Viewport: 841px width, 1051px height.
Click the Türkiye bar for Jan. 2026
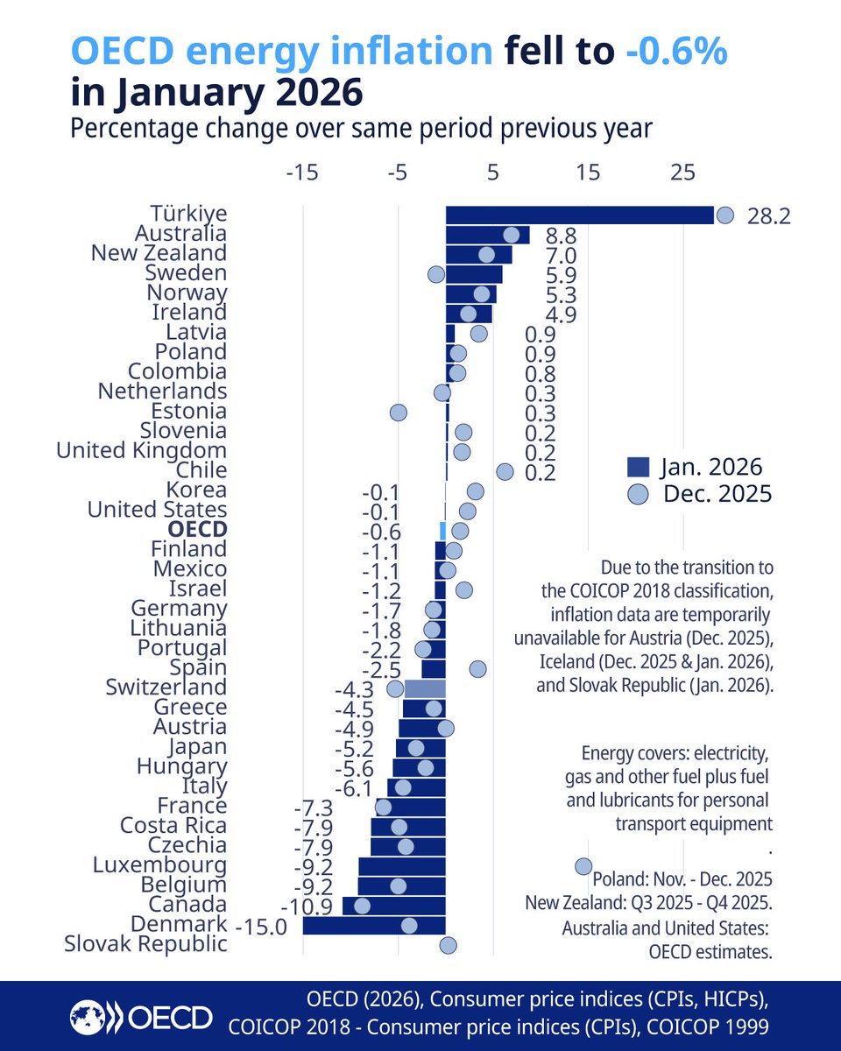[578, 215]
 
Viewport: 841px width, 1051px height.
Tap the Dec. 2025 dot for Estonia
[398, 412]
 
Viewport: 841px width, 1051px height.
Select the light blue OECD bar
[443, 530]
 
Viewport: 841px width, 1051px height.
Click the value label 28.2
[769, 215]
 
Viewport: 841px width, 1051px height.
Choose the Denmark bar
[374, 925]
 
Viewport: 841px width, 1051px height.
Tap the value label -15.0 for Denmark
[261, 926]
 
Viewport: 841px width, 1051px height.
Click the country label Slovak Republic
[146, 944]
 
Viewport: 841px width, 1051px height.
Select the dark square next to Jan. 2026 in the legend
[640, 466]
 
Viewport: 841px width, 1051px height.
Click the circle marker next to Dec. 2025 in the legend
[640, 494]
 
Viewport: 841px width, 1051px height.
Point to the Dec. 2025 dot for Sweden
[436, 274]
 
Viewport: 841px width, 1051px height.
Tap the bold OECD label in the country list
[198, 530]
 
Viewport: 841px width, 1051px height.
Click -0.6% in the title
[676, 53]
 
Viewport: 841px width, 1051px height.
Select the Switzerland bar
[425, 688]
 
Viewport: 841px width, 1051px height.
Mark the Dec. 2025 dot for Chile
[505, 471]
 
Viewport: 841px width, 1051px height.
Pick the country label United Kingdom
[141, 451]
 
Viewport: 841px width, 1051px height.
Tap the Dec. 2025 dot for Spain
[477, 668]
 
